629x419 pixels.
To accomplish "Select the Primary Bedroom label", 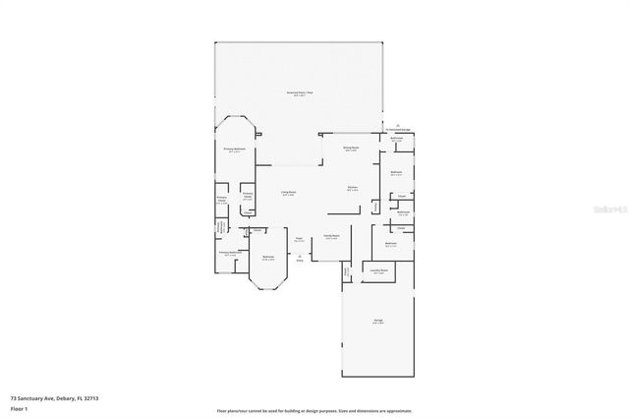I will [234, 150].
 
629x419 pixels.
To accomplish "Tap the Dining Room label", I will [350, 149].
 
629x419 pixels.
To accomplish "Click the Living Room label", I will [289, 193].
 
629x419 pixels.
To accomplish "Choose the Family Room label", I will [331, 236].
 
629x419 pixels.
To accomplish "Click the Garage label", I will [377, 322].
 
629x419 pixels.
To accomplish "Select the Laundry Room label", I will [378, 271].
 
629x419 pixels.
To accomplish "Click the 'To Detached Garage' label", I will [397, 129].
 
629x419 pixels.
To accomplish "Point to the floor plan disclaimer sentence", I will [314, 410].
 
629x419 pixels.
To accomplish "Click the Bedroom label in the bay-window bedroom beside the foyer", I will [267, 259].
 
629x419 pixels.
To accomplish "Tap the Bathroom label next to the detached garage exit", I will [397, 140].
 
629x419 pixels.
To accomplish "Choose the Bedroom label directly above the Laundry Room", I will [391, 244].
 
